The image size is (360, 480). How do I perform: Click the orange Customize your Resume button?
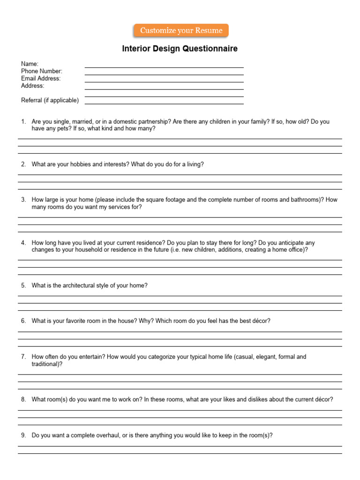[x=181, y=30]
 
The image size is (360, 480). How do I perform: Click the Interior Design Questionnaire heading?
[x=180, y=49]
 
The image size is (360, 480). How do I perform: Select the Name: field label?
[x=30, y=64]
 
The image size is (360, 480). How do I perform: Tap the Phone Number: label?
[x=42, y=71]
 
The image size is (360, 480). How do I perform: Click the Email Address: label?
[x=41, y=78]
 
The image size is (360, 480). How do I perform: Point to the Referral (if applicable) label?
[x=50, y=100]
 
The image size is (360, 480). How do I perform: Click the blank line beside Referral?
[x=164, y=103]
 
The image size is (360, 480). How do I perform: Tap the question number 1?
[x=23, y=121]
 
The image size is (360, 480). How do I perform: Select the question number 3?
[x=23, y=200]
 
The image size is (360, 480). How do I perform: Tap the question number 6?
[x=23, y=321]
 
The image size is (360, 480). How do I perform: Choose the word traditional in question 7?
[x=45, y=364]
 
